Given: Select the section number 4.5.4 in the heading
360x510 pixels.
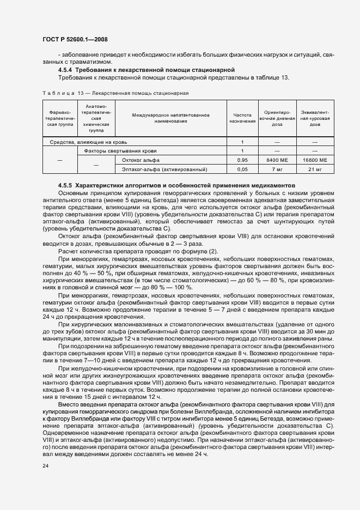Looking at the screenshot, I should (65, 70).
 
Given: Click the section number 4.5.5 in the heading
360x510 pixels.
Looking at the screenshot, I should (65, 185).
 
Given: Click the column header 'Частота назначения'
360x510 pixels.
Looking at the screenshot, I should (243, 118).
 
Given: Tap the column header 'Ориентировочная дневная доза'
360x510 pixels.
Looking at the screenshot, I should (277, 118).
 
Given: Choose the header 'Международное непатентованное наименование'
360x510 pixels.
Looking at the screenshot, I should (170, 118).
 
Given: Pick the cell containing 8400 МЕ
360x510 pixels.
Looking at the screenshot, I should (277, 160).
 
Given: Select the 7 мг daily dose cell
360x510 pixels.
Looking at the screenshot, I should (277, 169).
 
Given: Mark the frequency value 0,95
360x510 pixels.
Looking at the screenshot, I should (243, 160).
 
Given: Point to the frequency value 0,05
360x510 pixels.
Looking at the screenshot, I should (243, 169).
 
